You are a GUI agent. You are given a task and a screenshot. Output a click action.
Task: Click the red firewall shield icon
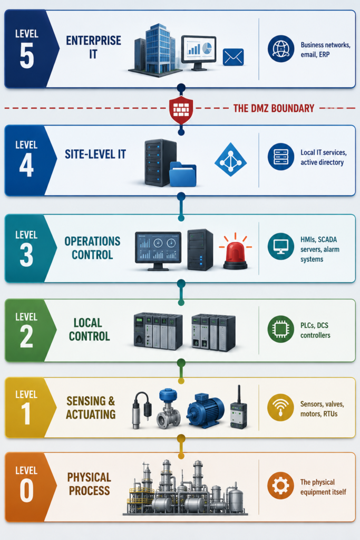tap(181, 110)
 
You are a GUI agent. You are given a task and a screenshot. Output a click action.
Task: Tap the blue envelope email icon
tap(233, 57)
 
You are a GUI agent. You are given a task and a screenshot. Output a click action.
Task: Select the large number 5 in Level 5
tap(27, 56)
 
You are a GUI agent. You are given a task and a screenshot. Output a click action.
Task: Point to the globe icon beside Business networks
tap(281, 49)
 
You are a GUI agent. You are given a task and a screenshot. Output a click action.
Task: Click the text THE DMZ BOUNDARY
tap(274, 108)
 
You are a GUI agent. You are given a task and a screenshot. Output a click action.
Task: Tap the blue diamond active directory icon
tap(230, 159)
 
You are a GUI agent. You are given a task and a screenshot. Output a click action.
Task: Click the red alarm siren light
tap(236, 252)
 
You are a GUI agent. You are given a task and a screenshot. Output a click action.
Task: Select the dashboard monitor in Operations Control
tap(158, 251)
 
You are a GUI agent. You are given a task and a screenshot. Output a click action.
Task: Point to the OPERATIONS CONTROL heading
tap(92, 248)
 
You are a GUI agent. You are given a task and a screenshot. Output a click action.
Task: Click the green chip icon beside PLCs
tap(281, 329)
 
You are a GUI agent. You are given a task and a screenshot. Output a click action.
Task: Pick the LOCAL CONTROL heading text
tap(89, 329)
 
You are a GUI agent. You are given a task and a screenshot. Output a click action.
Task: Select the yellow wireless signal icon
tap(280, 408)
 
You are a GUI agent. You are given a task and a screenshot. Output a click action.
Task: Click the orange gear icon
tap(280, 486)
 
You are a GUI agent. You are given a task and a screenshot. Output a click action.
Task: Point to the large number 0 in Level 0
tap(26, 490)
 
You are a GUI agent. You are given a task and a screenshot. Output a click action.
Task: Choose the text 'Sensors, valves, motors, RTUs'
tap(322, 409)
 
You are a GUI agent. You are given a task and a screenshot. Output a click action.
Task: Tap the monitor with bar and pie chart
tap(199, 53)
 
